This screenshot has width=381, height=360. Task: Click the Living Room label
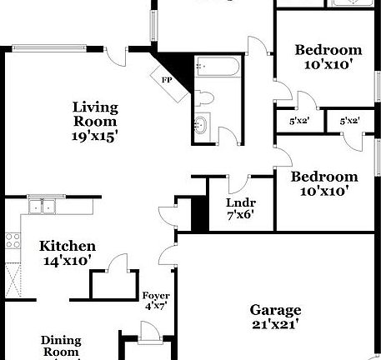click(95, 113)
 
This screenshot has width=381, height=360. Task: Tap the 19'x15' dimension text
click(95, 136)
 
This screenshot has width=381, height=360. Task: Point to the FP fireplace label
click(166, 80)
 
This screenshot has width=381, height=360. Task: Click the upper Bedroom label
click(328, 50)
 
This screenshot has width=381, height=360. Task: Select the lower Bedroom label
click(323, 177)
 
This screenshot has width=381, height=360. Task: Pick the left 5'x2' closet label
click(298, 122)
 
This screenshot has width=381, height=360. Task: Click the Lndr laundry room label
click(240, 202)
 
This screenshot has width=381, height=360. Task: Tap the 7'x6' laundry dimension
click(240, 215)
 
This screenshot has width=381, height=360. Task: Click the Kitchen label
click(68, 247)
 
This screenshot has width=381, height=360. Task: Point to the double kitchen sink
click(41, 205)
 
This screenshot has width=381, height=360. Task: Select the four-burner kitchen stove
click(13, 242)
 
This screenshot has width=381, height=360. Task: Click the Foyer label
click(156, 296)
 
